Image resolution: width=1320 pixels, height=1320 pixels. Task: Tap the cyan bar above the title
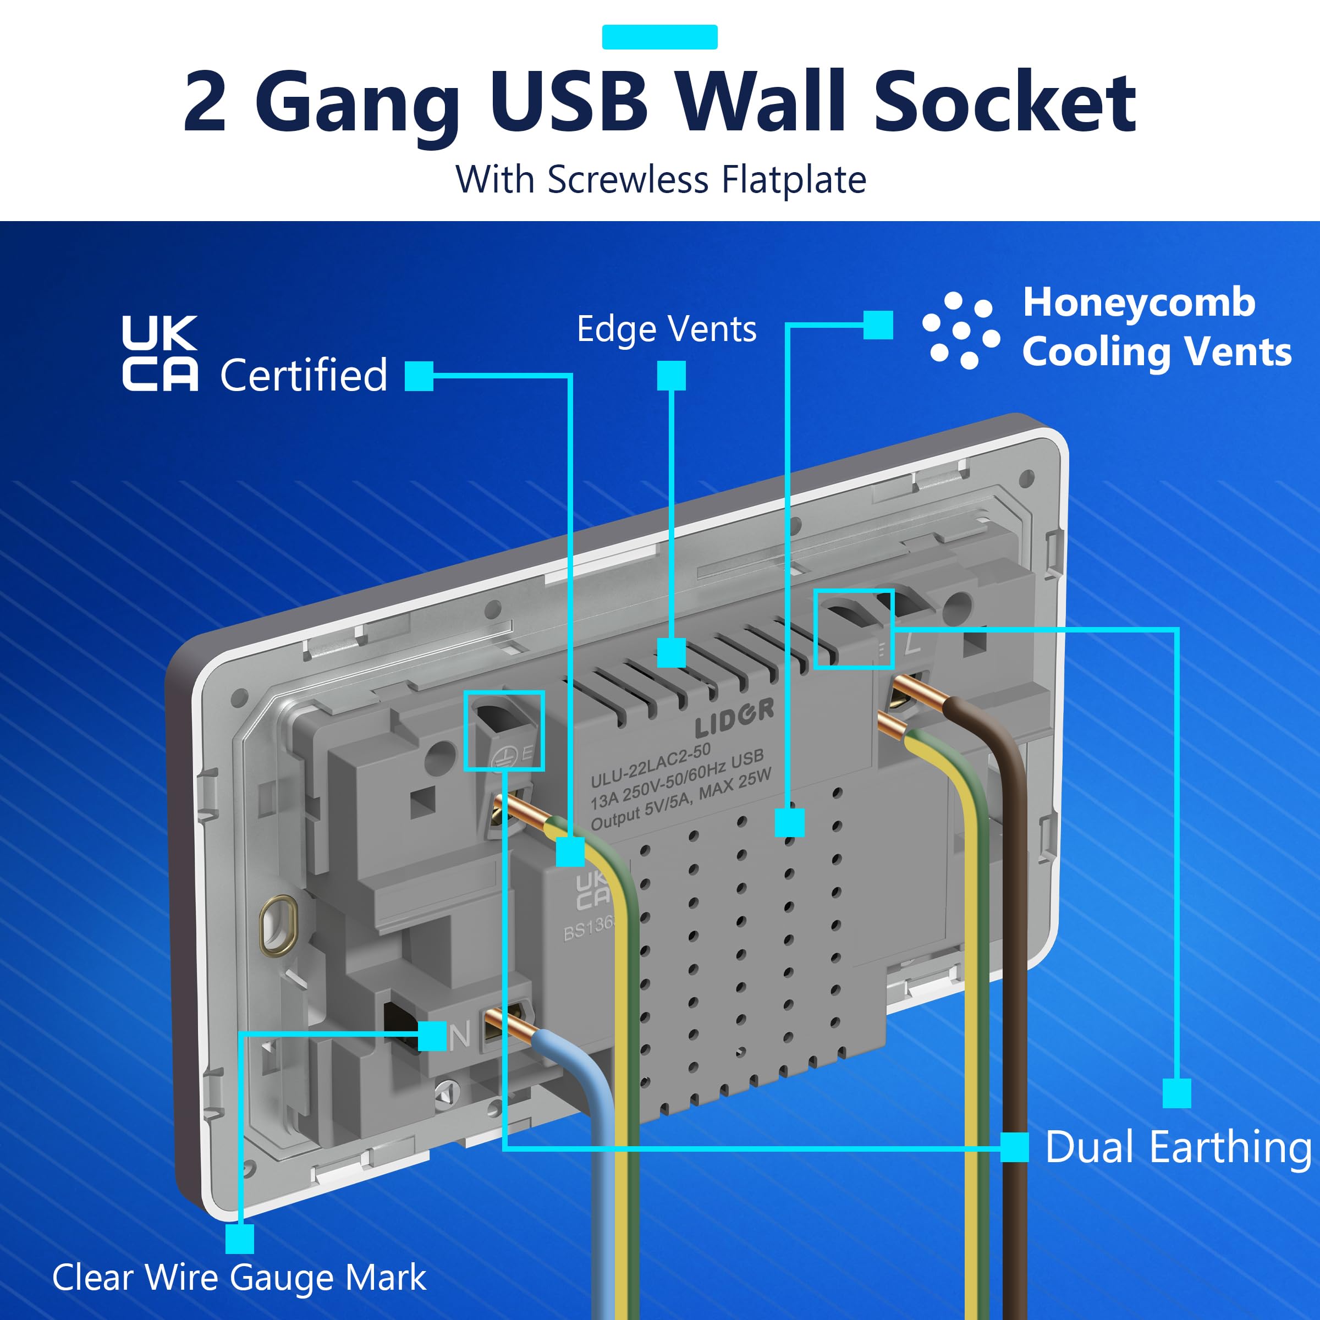click(659, 37)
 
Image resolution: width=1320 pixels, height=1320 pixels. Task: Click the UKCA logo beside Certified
click(160, 353)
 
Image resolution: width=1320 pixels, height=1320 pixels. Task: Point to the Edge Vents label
click(667, 329)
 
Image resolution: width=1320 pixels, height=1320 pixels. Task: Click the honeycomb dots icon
click(961, 331)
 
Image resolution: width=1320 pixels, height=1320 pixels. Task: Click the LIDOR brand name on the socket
click(734, 717)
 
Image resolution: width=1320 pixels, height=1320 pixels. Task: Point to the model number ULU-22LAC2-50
click(651, 765)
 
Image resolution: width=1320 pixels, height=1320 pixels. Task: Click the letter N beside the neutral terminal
click(460, 1035)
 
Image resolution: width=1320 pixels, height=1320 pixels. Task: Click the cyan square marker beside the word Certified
click(419, 376)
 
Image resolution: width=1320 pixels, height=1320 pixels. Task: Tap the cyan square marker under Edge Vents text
click(671, 376)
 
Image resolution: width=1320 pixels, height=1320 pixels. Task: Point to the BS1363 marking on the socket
click(588, 928)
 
